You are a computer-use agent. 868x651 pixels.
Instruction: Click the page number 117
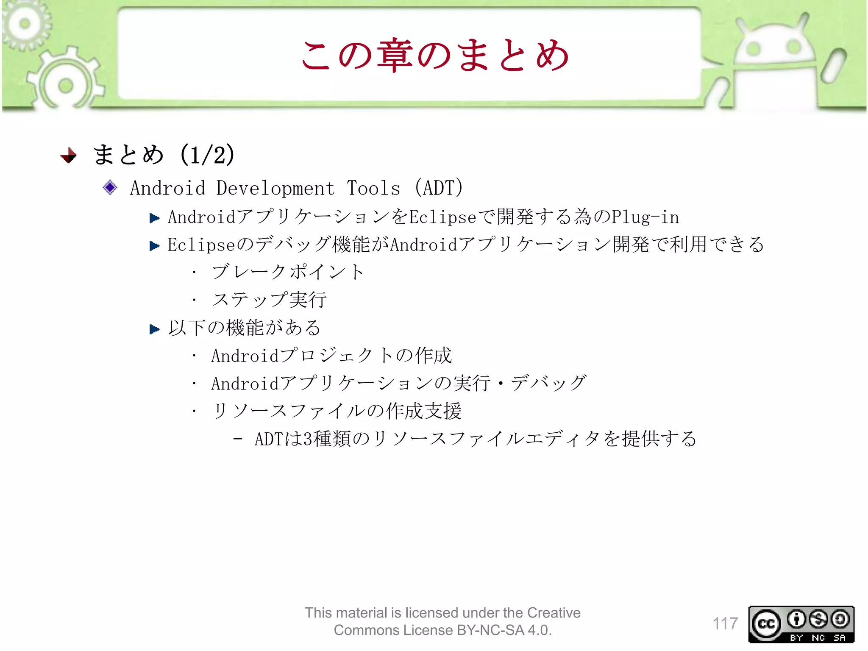[725, 623]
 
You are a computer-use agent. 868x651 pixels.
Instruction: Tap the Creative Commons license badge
[801, 624]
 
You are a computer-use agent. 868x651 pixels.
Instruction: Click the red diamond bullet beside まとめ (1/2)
[69, 155]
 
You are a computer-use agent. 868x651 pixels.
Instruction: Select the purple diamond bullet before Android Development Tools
[110, 187]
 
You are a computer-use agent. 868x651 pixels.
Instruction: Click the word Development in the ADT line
[275, 188]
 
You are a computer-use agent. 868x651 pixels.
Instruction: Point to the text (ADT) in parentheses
[439, 188]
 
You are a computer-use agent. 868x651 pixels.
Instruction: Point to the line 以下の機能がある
[245, 328]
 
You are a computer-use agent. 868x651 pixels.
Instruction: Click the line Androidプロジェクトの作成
[331, 356]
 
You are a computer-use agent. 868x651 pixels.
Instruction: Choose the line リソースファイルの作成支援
[337, 411]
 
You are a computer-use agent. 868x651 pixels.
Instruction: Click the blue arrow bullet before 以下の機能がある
[154, 329]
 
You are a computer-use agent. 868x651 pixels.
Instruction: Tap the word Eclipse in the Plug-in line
[442, 217]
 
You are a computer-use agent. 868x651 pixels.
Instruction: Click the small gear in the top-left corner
[25, 23]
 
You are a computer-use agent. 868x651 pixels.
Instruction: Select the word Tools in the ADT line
[373, 188]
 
